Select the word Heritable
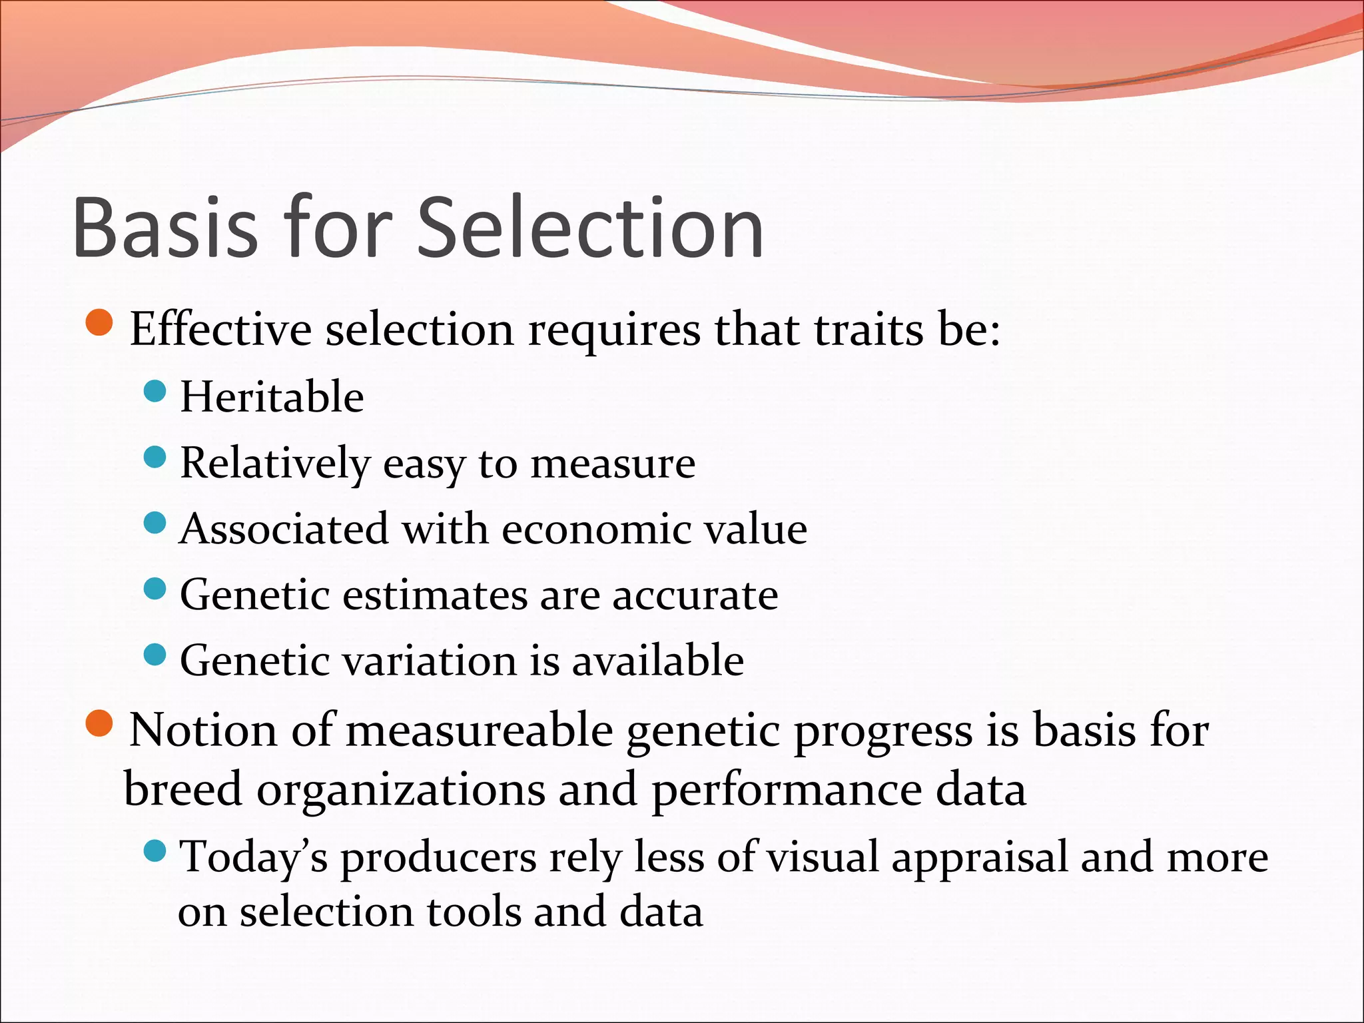272,397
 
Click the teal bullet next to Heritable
155,391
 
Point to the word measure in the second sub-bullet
613,464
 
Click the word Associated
284,529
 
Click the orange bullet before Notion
100,724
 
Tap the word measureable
479,731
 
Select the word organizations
400,790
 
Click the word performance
786,790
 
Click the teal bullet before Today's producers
155,851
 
